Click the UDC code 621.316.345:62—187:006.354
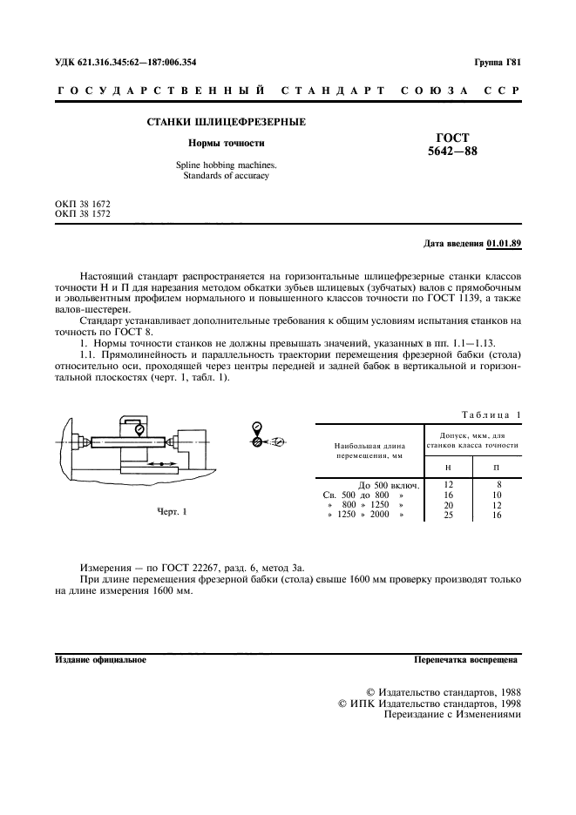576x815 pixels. (125, 63)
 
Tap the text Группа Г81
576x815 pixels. (497, 63)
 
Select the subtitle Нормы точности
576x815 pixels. (227, 143)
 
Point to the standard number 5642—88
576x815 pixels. (452, 151)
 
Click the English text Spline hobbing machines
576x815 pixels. (227, 165)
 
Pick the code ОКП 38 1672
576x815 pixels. (83, 204)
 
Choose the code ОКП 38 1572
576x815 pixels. (83, 213)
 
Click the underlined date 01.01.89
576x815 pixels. (504, 243)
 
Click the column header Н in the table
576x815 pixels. (448, 468)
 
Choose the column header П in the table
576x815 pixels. (498, 468)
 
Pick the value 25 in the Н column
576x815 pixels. (449, 515)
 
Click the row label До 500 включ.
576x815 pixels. (390, 485)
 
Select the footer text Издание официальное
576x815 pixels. (100, 660)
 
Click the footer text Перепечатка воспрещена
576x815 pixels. (467, 660)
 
